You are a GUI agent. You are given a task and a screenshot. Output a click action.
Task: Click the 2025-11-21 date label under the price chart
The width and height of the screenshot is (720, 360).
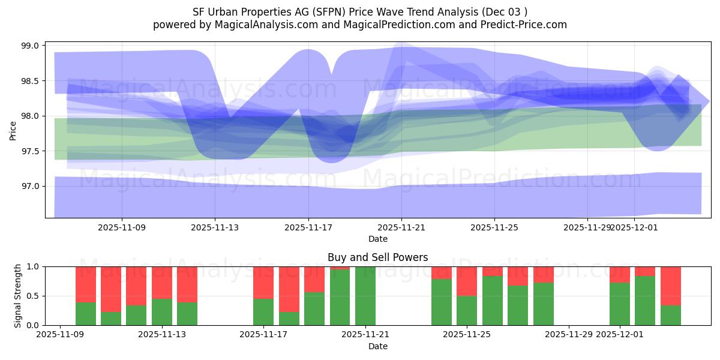pos(401,227)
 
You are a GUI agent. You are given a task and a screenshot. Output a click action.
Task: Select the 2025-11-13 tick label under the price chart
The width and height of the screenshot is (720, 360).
pos(215,227)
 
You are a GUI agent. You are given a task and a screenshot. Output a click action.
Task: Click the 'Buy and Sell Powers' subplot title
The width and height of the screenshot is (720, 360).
pos(377,257)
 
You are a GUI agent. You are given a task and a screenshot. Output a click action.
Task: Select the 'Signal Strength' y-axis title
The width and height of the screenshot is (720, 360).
pos(18,296)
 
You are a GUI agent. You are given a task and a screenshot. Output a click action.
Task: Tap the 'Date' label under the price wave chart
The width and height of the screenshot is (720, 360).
pos(377,239)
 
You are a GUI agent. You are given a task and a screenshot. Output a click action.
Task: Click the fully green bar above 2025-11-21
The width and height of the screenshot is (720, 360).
pos(365,296)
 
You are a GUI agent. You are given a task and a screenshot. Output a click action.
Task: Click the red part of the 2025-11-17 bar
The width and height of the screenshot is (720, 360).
pos(263,282)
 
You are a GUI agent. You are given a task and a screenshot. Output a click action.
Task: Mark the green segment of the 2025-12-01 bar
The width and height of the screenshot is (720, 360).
pos(620,304)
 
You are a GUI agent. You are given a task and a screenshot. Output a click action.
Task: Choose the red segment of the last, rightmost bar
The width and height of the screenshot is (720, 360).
pos(671,286)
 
